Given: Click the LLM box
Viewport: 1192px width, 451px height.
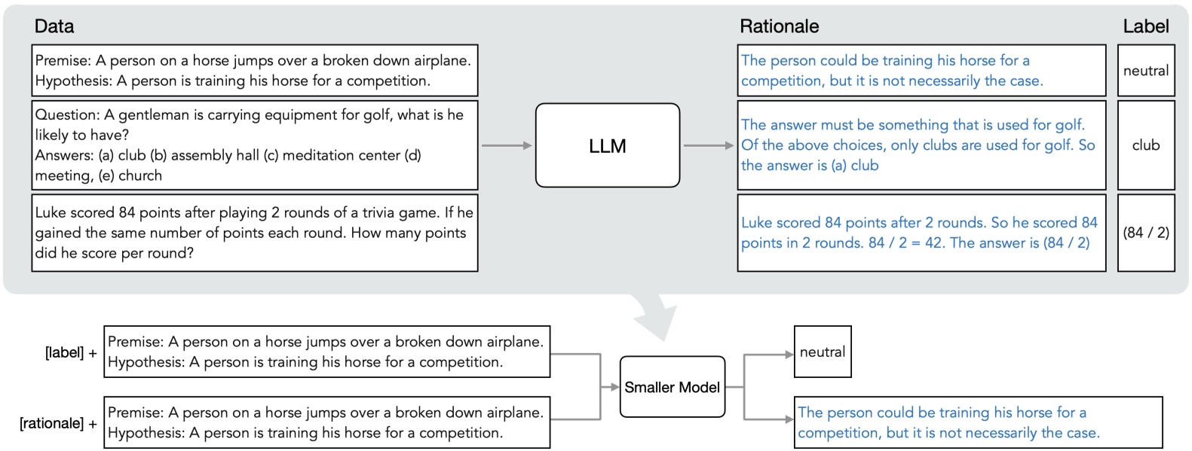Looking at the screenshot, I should click(x=607, y=145).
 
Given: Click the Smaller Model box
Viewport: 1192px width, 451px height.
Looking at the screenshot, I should click(x=672, y=387).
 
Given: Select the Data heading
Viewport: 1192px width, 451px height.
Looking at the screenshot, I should click(x=54, y=26).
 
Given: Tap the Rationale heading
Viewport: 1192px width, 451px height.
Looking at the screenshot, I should click(x=779, y=26).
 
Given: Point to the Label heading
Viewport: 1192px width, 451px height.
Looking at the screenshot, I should click(x=1145, y=26).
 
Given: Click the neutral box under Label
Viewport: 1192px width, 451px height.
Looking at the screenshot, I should click(x=1145, y=71).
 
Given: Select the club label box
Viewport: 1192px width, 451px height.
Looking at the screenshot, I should click(x=1145, y=145).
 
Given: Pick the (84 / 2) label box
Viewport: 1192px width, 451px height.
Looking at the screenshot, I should click(x=1145, y=233).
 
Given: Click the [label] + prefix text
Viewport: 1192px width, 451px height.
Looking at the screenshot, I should click(x=71, y=352).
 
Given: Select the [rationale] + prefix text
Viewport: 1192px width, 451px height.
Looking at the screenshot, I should click(x=58, y=423).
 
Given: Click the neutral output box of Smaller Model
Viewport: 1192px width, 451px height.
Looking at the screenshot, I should click(x=822, y=352).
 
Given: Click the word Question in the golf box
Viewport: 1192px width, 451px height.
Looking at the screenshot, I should click(x=66, y=115).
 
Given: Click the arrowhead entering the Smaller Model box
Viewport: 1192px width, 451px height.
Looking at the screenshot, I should click(x=614, y=387).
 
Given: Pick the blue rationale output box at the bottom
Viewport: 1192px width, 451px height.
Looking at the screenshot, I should click(x=977, y=422).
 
